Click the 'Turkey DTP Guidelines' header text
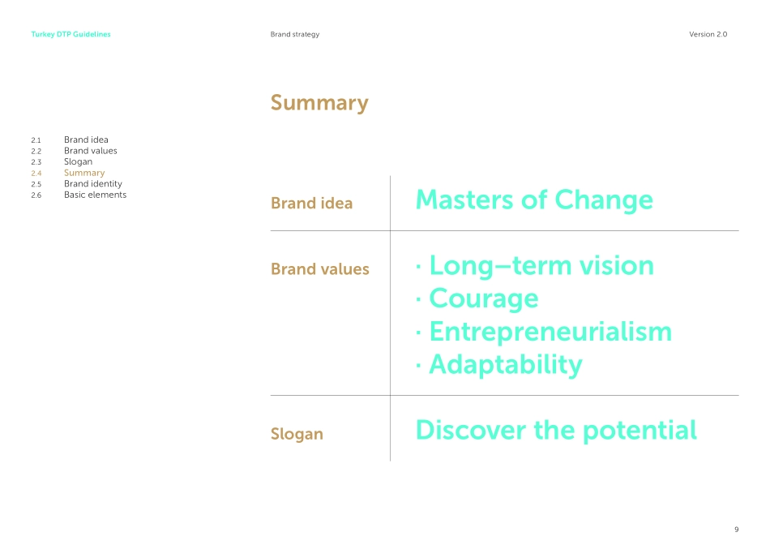point(71,34)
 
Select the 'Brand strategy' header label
point(295,34)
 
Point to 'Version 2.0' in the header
point(708,34)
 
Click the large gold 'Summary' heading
point(319,103)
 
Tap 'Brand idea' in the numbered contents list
point(86,139)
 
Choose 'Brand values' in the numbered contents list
point(90,151)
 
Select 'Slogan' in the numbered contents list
point(78,162)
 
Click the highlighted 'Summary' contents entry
point(84,173)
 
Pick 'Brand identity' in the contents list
point(93,184)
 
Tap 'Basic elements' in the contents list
point(96,195)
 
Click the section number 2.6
point(36,195)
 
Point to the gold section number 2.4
point(36,174)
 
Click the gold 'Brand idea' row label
point(311,203)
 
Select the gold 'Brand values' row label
point(319,268)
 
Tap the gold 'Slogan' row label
point(297,434)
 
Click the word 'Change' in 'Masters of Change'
point(604,200)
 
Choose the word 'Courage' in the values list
point(484,298)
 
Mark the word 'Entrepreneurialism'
point(550,332)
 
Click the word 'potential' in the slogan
point(640,431)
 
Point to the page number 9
point(736,530)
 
